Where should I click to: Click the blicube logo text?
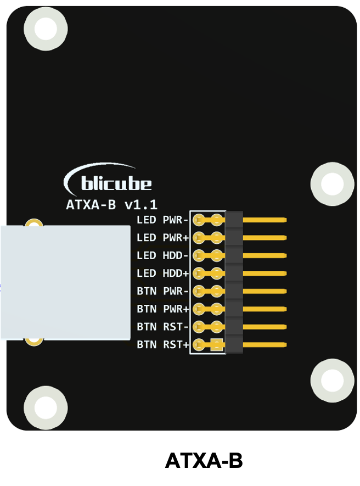116,183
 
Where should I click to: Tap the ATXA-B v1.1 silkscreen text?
112,205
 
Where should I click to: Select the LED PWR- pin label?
162,220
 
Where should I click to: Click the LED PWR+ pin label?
162,238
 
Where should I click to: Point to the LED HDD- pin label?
162,256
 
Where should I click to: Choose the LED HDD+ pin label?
162,273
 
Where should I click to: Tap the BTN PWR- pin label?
162,292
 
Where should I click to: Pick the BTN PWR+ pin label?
162,309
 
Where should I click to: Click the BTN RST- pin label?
162,327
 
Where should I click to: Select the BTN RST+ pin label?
162,345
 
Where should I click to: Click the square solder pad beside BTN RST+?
217,345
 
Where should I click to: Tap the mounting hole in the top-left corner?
46,29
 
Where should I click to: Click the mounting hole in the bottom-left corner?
46,408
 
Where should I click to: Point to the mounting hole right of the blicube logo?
333,184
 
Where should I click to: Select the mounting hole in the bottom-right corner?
333,381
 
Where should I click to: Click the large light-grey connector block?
65,283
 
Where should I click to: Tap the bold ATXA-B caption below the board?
204,461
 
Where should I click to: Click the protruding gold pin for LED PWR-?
265,220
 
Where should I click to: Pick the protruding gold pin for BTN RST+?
265,345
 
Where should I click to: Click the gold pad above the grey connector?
34,222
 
